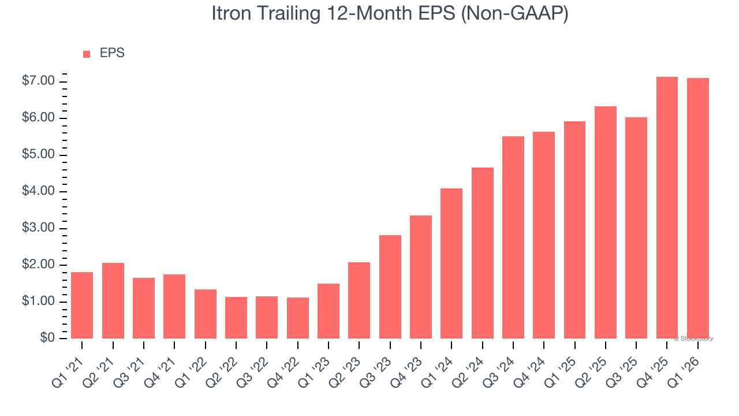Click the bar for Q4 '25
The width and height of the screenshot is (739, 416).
click(x=667, y=208)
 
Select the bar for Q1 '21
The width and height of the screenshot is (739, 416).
click(x=82, y=305)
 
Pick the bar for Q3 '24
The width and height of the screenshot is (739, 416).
click(x=513, y=237)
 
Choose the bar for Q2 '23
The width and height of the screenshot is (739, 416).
click(x=359, y=300)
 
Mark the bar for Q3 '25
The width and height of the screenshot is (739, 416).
click(x=636, y=228)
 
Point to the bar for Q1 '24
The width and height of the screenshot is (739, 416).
click(x=451, y=263)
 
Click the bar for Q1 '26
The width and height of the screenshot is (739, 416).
click(x=698, y=209)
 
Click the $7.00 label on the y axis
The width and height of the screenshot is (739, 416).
click(x=38, y=81)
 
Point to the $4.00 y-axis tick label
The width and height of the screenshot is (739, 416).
click(x=38, y=192)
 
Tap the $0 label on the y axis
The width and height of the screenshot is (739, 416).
click(x=47, y=339)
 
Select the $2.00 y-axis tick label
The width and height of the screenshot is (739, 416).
click(x=38, y=265)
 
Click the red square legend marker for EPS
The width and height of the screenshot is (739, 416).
click(x=87, y=54)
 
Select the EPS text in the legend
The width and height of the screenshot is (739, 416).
click(x=112, y=54)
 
